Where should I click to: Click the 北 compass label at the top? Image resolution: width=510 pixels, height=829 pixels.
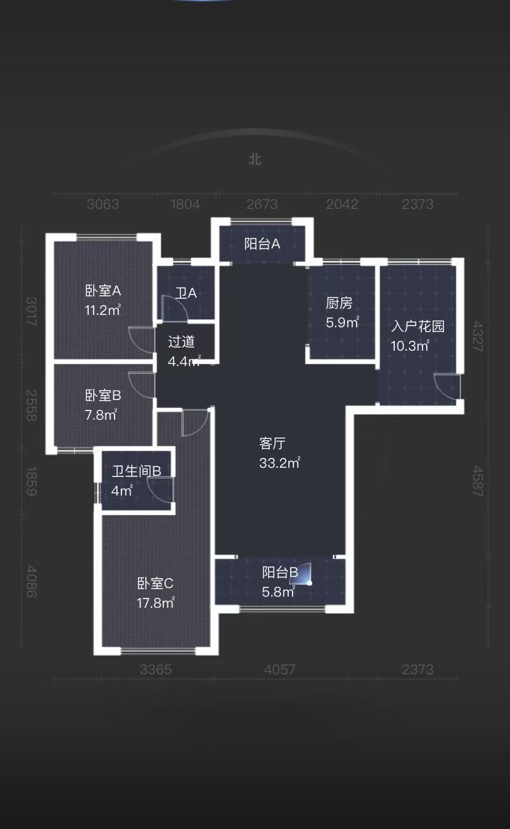pyautogui.click(x=255, y=160)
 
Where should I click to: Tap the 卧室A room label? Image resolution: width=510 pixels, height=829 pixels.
pyautogui.click(x=103, y=290)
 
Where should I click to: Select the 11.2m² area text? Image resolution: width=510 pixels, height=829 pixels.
pyautogui.click(x=103, y=310)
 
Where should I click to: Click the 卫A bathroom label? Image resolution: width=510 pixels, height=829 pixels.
pyautogui.click(x=186, y=293)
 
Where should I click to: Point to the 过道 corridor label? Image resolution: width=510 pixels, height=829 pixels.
pyautogui.click(x=181, y=342)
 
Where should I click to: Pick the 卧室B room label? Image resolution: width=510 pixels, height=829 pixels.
pyautogui.click(x=103, y=395)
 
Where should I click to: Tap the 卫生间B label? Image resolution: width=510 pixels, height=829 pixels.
pyautogui.click(x=136, y=472)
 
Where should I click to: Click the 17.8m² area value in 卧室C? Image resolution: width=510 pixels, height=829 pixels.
pyautogui.click(x=155, y=603)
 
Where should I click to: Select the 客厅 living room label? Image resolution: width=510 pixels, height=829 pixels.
pyautogui.click(x=272, y=443)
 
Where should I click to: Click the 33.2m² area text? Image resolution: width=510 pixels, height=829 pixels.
pyautogui.click(x=279, y=463)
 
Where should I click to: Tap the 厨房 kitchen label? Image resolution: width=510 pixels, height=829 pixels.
pyautogui.click(x=339, y=303)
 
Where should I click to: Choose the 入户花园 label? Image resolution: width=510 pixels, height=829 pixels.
pyautogui.click(x=418, y=326)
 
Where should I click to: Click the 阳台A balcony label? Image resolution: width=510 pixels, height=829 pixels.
pyautogui.click(x=262, y=244)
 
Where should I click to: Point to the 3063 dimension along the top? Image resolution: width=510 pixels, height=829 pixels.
pyautogui.click(x=103, y=205)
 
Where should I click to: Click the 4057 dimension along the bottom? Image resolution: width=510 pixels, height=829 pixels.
pyautogui.click(x=280, y=669)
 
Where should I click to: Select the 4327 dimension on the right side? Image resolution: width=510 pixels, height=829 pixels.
pyautogui.click(x=477, y=335)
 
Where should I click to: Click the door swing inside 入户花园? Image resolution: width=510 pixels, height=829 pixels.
pyautogui.click(x=446, y=386)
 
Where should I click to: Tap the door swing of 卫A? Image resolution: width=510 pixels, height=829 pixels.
pyautogui.click(x=173, y=308)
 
